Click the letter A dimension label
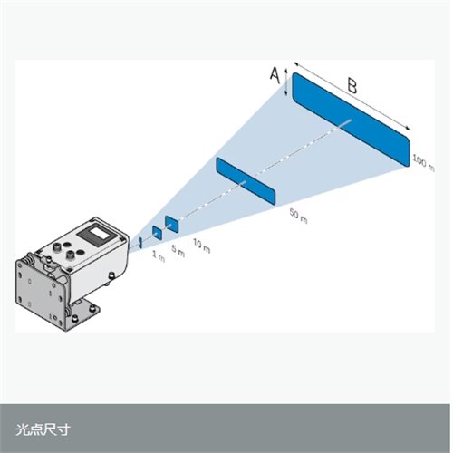[275, 75]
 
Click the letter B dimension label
[352, 86]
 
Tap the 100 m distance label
[423, 163]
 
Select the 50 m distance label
[298, 216]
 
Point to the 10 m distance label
[201, 246]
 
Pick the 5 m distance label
[178, 252]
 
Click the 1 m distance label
[159, 256]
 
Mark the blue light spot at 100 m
[351, 120]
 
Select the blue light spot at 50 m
[246, 181]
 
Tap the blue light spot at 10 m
[171, 224]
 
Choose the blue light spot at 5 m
[157, 233]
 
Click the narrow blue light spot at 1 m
[140, 242]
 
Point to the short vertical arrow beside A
[286, 82]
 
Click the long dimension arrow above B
[352, 96]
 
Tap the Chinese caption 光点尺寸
[43, 429]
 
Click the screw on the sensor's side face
[111, 275]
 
